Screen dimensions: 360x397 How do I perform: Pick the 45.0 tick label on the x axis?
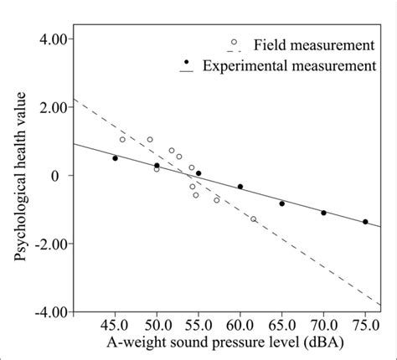click(115, 325)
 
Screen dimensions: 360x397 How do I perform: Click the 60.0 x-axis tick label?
click(240, 325)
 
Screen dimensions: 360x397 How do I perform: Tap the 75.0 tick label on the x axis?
click(365, 325)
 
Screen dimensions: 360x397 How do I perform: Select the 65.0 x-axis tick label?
click(282, 325)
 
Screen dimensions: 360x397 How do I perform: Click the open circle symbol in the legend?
click(234, 42)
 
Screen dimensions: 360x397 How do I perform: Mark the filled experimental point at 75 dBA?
click(365, 222)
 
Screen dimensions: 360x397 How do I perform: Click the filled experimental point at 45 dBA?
click(115, 158)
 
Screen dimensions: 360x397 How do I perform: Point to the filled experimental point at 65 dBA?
click(282, 203)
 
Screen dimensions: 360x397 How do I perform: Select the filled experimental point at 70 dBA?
click(324, 213)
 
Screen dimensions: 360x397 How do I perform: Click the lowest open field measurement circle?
click(254, 219)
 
